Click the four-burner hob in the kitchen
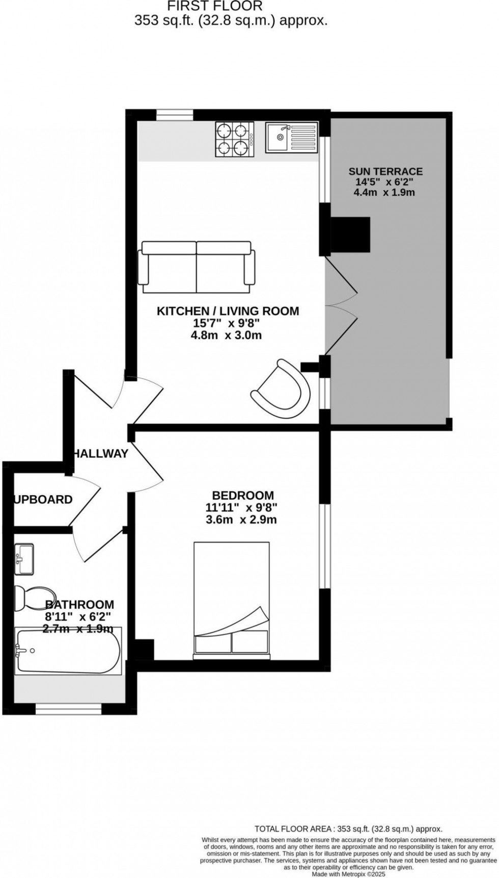(x=234, y=139)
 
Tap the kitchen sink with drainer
(x=291, y=138)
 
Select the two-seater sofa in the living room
(x=197, y=267)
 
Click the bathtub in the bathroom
(x=68, y=651)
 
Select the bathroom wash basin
(x=24, y=558)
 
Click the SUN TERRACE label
(x=385, y=171)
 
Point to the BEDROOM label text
(x=243, y=495)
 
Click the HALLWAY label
(x=101, y=453)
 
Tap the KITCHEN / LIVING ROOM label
(x=228, y=311)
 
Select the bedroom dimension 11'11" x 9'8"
(x=242, y=508)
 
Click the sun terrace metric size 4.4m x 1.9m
(x=384, y=193)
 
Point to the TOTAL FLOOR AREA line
(x=348, y=829)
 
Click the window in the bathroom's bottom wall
(x=68, y=709)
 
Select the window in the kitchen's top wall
(x=175, y=115)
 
